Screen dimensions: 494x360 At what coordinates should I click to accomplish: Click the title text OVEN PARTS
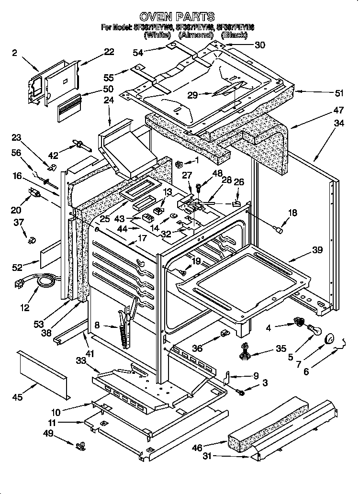(x=180, y=17)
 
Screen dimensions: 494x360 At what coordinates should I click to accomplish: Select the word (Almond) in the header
(x=195, y=35)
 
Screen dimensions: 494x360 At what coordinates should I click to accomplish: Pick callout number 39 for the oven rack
(x=317, y=250)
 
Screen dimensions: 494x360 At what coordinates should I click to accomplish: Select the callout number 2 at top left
(x=14, y=53)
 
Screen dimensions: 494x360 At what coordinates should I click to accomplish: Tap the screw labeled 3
(x=242, y=392)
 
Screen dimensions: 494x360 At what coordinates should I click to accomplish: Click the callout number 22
(x=109, y=52)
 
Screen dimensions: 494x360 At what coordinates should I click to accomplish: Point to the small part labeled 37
(x=32, y=238)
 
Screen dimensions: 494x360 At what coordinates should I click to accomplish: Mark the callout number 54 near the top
(x=138, y=53)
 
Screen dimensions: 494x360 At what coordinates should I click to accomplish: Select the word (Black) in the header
(x=235, y=35)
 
